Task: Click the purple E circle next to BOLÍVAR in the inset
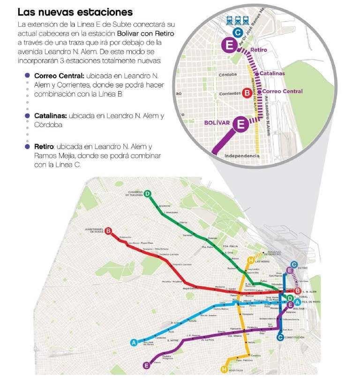coord(241,124)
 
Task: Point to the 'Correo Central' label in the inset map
coord(282,91)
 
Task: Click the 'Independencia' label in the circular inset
coord(241,155)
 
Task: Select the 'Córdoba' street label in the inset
coord(228,74)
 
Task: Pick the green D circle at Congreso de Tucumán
coord(148,194)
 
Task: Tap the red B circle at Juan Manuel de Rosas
coord(108,231)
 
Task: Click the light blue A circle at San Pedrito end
coord(134,343)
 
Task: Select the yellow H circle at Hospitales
coord(224,370)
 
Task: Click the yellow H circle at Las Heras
coord(251,260)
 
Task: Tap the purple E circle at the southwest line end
coord(147,365)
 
